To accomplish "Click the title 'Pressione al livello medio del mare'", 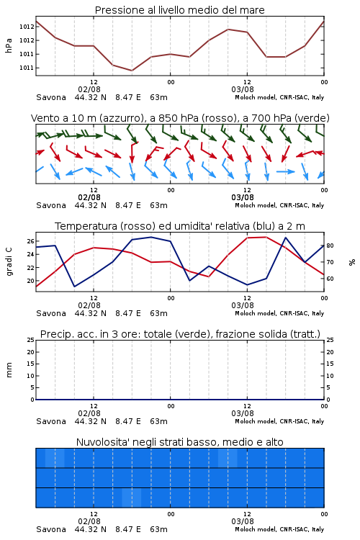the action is coord(179,10).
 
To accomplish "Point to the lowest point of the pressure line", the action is coord(132,71).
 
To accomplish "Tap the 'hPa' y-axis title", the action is coord(9,45).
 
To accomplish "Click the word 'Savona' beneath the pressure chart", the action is coord(51,97).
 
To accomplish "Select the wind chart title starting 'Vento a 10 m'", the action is coord(180,118).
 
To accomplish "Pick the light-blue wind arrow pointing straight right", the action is coord(286,171).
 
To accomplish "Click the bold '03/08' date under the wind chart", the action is coord(243,197).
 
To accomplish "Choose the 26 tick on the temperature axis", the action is coord(31,241).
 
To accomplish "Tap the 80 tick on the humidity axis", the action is coord(330,246).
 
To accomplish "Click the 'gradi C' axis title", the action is coord(9,262).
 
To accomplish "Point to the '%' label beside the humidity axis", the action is coord(352,262).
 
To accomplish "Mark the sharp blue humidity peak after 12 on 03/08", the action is coord(286,238).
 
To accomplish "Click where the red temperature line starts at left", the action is coord(37,286).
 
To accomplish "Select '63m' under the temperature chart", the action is coord(159,313).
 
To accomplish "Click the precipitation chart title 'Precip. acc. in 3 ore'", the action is coord(89,334).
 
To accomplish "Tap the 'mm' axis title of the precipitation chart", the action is coord(9,370).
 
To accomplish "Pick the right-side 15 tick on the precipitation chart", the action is coord(330,364).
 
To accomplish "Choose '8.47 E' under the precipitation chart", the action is coord(128,421).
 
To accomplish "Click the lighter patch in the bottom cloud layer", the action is coord(132,498).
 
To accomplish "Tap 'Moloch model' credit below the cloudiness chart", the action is coord(256,529).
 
